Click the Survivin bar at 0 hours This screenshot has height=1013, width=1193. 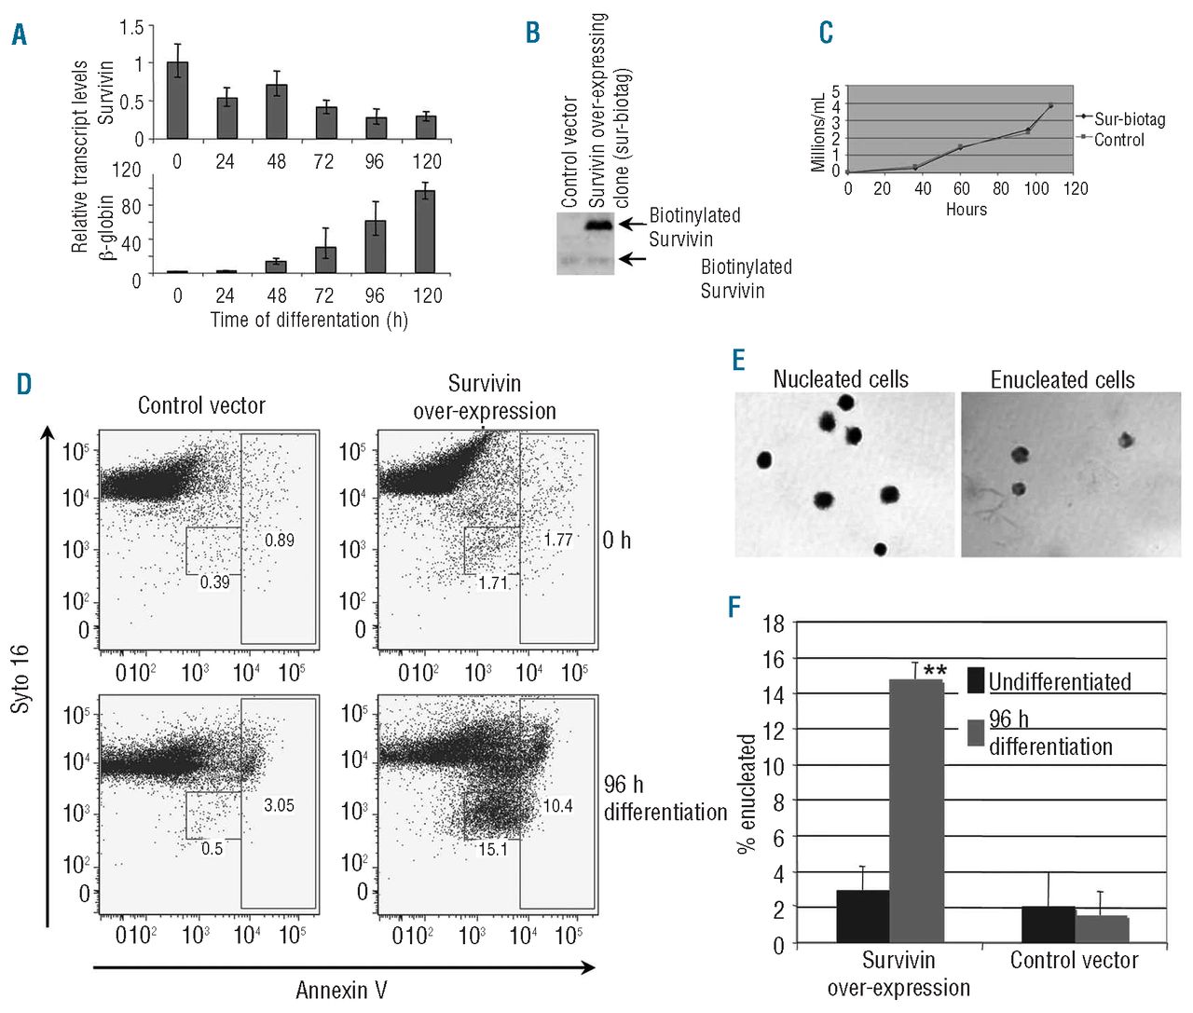pyautogui.click(x=177, y=101)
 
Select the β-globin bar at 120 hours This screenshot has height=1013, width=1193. pyautogui.click(x=425, y=231)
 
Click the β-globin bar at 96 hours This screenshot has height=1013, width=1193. pyautogui.click(x=375, y=246)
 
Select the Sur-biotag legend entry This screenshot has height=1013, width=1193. pyautogui.click(x=1129, y=119)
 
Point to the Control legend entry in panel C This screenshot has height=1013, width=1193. pyautogui.click(x=1118, y=140)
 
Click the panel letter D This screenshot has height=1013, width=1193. pyautogui.click(x=23, y=384)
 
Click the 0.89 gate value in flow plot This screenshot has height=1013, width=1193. pyautogui.click(x=279, y=540)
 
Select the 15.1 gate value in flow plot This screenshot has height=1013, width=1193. pyautogui.click(x=492, y=849)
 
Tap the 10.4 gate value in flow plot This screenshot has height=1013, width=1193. pyautogui.click(x=557, y=805)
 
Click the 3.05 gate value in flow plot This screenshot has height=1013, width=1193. pyautogui.click(x=279, y=805)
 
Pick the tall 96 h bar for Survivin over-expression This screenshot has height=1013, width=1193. pyautogui.click(x=916, y=811)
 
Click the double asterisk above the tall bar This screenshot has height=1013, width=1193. pyautogui.click(x=935, y=672)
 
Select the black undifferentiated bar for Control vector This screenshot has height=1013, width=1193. pyautogui.click(x=1048, y=924)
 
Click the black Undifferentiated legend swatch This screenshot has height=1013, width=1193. pyautogui.click(x=976, y=680)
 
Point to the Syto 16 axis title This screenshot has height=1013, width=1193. pyautogui.click(x=21, y=678)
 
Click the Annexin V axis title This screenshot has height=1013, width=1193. pyautogui.click(x=341, y=990)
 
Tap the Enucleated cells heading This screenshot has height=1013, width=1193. pyautogui.click(x=1063, y=380)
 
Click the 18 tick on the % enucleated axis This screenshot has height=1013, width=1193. pyautogui.click(x=774, y=623)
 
